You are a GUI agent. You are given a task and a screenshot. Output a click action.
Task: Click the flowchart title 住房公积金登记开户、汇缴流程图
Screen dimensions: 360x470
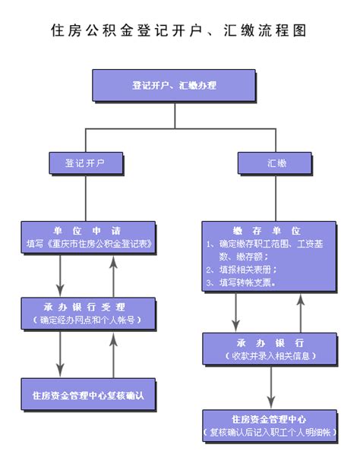[178, 31]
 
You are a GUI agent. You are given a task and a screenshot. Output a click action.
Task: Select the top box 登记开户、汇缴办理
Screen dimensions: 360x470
[174, 86]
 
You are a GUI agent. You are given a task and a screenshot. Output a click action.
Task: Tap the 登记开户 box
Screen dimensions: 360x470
[86, 163]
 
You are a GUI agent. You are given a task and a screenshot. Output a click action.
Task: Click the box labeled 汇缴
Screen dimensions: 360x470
[275, 163]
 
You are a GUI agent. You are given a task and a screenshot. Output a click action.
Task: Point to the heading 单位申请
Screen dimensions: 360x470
[87, 231]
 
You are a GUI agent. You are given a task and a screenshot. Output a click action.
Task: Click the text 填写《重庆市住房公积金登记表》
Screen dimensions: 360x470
[89, 244]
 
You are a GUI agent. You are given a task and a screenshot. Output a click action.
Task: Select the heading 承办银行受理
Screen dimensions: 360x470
[84, 307]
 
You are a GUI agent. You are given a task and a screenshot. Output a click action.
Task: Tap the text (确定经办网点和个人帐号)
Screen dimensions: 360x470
[87, 320]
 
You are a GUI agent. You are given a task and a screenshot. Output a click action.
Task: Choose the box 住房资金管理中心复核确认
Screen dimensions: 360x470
[88, 394]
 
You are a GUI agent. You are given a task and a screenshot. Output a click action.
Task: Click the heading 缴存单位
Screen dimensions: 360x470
[267, 231]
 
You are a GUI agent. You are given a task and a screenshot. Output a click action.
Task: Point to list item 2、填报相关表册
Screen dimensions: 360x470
[242, 270]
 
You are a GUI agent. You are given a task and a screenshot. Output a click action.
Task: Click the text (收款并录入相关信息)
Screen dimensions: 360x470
[270, 356]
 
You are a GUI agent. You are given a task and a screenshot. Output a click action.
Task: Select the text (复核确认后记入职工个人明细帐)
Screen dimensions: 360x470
[270, 432]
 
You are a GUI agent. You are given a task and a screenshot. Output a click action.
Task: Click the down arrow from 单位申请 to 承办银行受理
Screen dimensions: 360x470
[60, 276]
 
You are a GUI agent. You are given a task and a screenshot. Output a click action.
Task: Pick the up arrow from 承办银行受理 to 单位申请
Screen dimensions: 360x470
[113, 276]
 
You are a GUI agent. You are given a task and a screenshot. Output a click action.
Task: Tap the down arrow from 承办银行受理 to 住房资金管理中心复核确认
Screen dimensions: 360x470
[60, 354]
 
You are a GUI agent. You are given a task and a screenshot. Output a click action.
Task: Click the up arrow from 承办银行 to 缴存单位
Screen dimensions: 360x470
[301, 313]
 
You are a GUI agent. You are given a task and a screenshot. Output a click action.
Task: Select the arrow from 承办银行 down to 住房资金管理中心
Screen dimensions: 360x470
[271, 387]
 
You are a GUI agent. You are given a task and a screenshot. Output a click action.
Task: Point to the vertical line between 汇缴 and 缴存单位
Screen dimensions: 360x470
[276, 198]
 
